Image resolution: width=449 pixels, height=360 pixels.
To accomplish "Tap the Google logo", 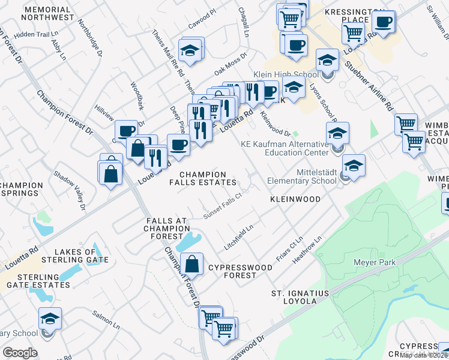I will (x=20, y=353).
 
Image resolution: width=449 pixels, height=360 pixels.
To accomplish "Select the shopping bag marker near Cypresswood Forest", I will (x=191, y=263).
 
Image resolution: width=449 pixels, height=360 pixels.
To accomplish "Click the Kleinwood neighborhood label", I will (x=295, y=199).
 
